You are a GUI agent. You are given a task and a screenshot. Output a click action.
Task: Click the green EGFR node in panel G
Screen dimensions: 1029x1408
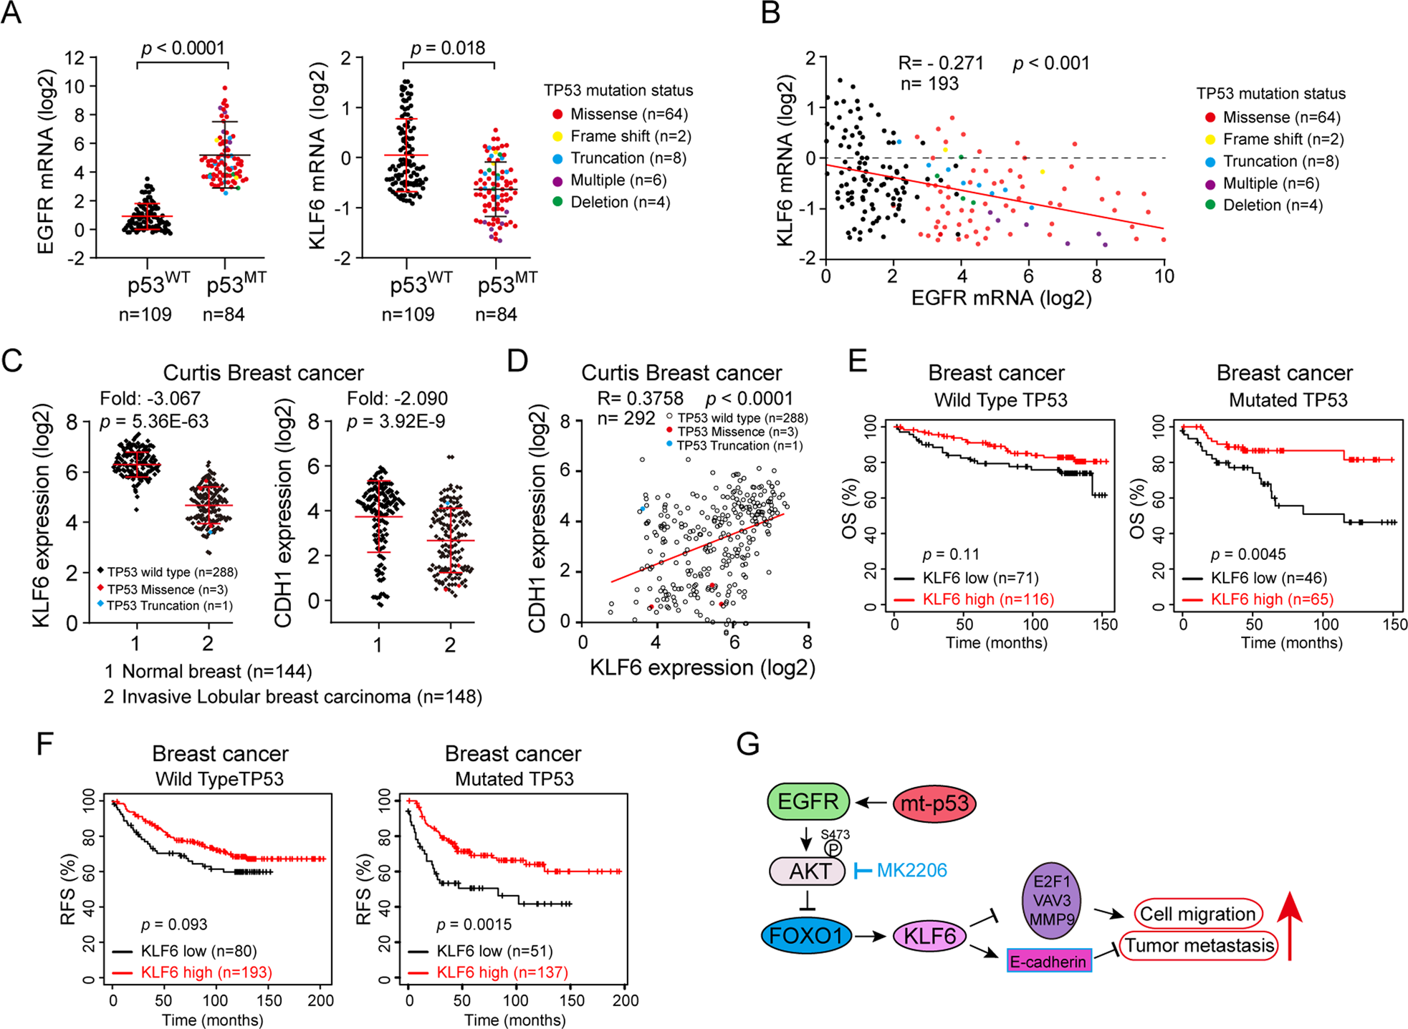click(808, 801)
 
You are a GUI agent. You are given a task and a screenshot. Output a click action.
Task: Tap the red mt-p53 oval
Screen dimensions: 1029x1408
click(934, 803)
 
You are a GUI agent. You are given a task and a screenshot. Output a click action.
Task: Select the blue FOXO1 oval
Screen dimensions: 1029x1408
click(806, 935)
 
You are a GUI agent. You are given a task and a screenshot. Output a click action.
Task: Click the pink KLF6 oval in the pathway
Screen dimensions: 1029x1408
click(929, 935)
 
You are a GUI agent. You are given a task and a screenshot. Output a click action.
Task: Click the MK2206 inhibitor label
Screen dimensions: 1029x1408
click(911, 871)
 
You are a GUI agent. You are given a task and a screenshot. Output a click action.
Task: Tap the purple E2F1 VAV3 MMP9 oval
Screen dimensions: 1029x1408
click(1051, 900)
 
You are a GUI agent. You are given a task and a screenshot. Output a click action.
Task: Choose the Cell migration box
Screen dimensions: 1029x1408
click(1197, 914)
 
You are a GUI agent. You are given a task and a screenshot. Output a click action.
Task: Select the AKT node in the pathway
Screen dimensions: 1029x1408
click(808, 871)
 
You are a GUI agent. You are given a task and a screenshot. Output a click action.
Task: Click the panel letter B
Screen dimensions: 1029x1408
click(771, 14)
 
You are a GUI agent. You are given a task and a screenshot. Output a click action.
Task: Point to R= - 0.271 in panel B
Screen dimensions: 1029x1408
click(940, 63)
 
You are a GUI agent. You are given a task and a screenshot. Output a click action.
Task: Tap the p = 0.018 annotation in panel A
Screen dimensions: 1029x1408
click(448, 48)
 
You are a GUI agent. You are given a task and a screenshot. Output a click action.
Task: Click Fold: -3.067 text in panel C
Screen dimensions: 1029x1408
click(150, 398)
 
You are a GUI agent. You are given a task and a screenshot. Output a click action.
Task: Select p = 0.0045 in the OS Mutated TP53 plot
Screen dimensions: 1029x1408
click(1247, 554)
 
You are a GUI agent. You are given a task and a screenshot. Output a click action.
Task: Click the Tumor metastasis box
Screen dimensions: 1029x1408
click(1199, 946)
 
